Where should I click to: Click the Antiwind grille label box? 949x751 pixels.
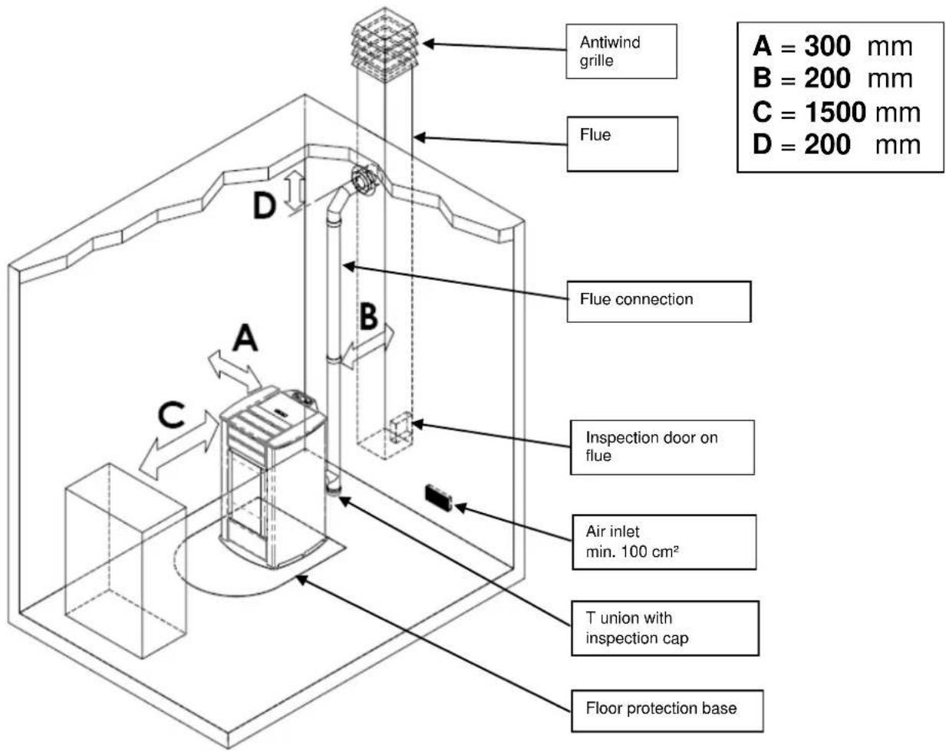tap(621, 51)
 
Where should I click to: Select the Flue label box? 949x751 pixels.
tap(622, 143)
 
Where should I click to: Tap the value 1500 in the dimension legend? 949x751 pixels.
tap(835, 113)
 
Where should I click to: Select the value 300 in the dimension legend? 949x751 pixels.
tap(827, 47)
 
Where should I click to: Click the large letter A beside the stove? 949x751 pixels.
tap(245, 338)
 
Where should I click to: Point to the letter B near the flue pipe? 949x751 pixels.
tap(369, 315)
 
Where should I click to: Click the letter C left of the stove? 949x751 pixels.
tap(171, 415)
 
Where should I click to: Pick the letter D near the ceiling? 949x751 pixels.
tap(264, 206)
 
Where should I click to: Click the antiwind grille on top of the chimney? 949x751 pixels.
tap(385, 38)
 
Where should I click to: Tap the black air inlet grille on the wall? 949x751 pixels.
tap(439, 496)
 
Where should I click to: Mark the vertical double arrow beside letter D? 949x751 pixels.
tap(295, 191)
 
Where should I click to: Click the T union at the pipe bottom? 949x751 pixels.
tap(334, 486)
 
